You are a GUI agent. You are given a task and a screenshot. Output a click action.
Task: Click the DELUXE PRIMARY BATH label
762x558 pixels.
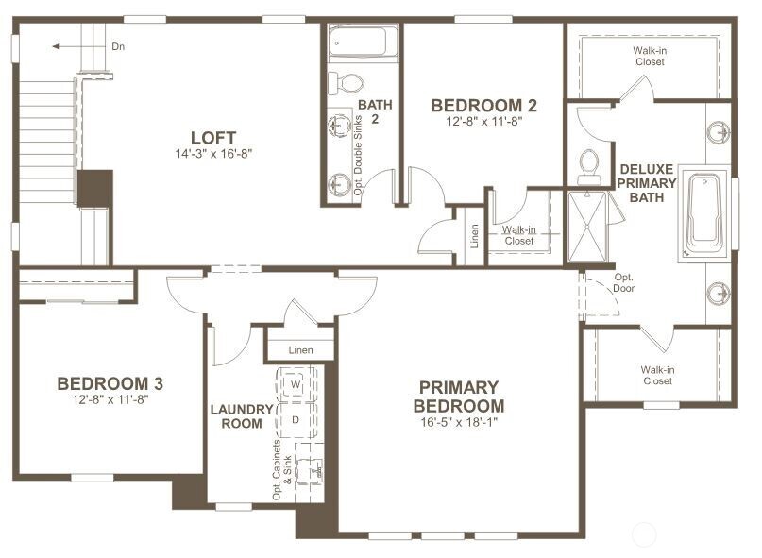tap(648, 183)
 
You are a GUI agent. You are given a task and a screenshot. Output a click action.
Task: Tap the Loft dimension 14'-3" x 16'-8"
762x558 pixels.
tap(212, 154)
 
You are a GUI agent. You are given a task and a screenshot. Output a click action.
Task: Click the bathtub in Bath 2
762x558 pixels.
tap(362, 42)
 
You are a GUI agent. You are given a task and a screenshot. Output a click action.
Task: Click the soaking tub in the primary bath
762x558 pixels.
tap(703, 215)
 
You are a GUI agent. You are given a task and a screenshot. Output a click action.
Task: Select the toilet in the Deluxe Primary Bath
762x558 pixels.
tap(589, 166)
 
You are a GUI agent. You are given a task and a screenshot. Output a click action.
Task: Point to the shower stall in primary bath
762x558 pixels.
tap(586, 228)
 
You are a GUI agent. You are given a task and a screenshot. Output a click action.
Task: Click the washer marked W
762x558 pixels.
tap(296, 385)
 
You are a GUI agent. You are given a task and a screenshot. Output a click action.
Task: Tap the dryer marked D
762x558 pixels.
tap(296, 418)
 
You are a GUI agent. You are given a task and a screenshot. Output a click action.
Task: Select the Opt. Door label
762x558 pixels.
tap(624, 282)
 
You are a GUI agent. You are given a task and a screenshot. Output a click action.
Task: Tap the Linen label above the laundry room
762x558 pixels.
tap(300, 350)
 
